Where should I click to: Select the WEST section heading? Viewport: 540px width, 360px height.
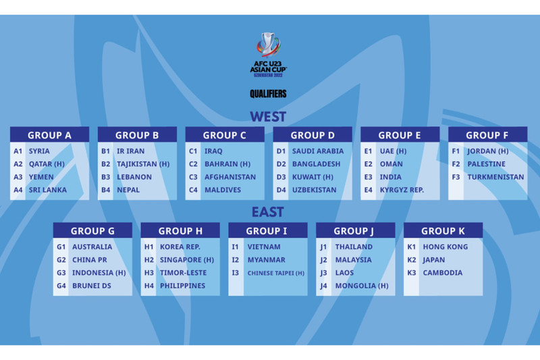pyautogui.click(x=268, y=116)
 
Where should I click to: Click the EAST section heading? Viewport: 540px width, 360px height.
pyautogui.click(x=268, y=212)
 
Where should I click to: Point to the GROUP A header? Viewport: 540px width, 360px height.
pyautogui.click(x=49, y=135)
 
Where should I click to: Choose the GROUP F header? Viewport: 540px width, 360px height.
pyautogui.click(x=488, y=135)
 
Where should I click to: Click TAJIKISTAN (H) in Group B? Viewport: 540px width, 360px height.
pyautogui.click(x=142, y=164)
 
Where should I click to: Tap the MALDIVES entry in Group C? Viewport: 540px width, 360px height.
pyautogui.click(x=223, y=190)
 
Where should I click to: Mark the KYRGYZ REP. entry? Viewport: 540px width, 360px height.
pyautogui.click(x=402, y=190)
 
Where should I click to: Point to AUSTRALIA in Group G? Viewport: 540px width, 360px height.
pyautogui.click(x=92, y=247)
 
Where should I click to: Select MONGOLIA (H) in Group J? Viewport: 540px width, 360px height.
pyautogui.click(x=362, y=286)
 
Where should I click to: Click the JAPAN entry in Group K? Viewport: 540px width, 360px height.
pyautogui.click(x=434, y=260)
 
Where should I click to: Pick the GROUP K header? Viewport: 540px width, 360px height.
pyautogui.click(x=443, y=231)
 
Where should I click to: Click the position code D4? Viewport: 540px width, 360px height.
pyautogui.click(x=281, y=190)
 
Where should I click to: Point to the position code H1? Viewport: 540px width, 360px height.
pyautogui.click(x=149, y=247)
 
